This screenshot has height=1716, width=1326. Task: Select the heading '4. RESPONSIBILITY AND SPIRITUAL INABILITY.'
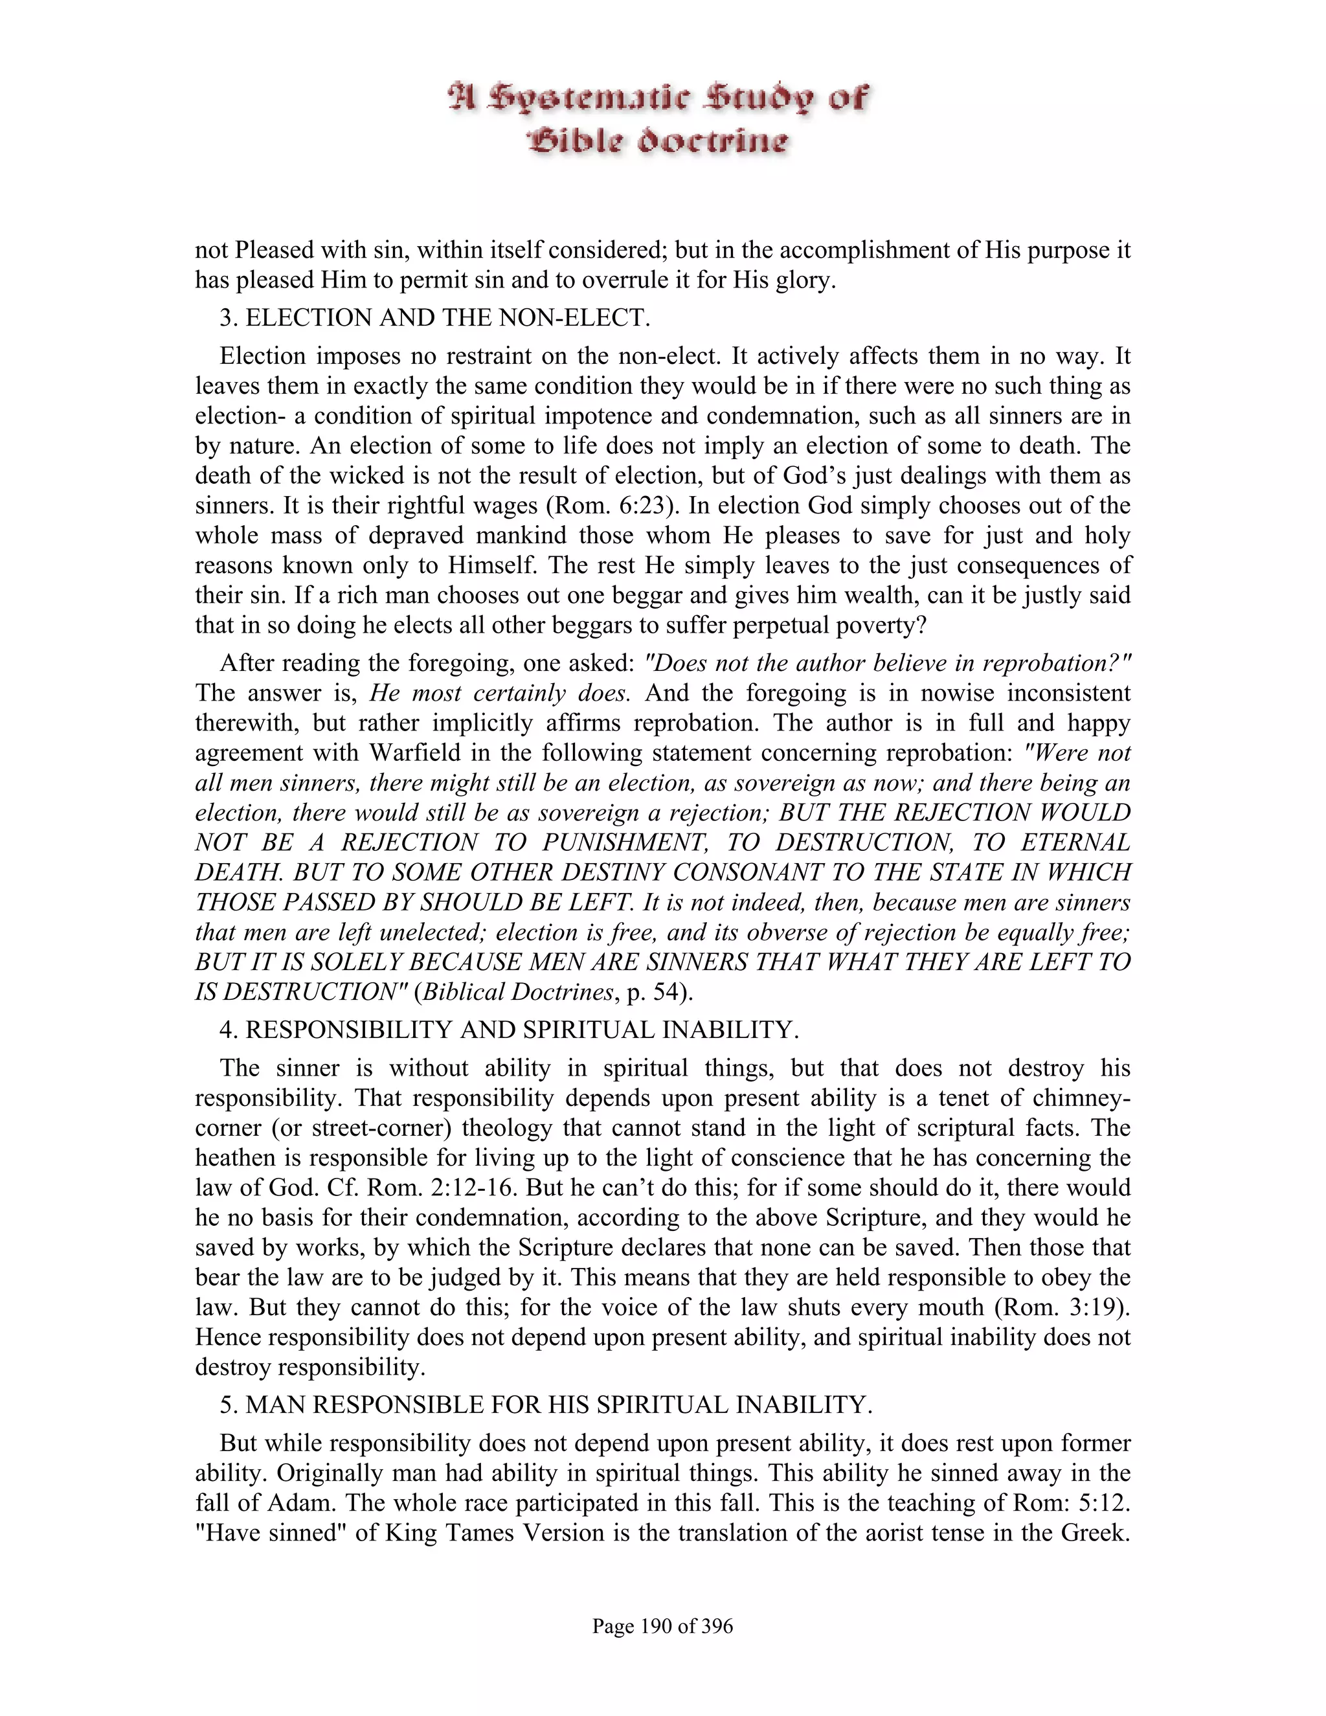(509, 1030)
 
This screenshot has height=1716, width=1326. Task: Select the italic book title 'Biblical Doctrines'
(519, 991)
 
